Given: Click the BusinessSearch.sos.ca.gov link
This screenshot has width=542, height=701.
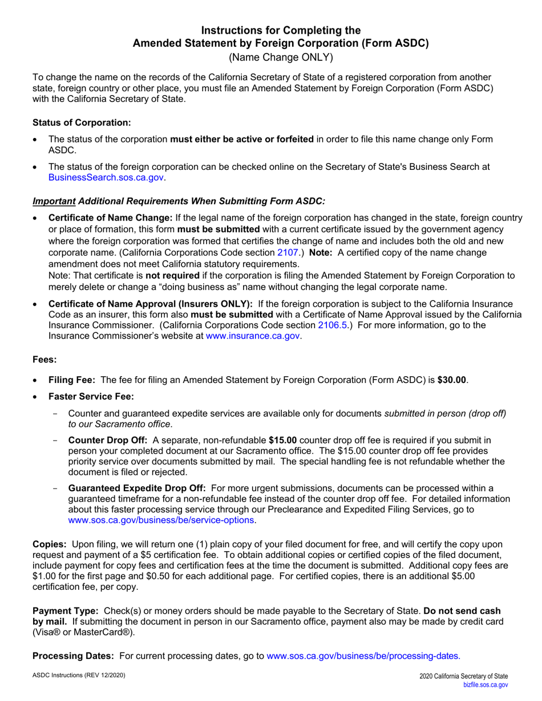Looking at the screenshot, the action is point(107,178).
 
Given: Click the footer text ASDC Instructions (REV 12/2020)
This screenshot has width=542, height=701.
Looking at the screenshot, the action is point(79,675).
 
